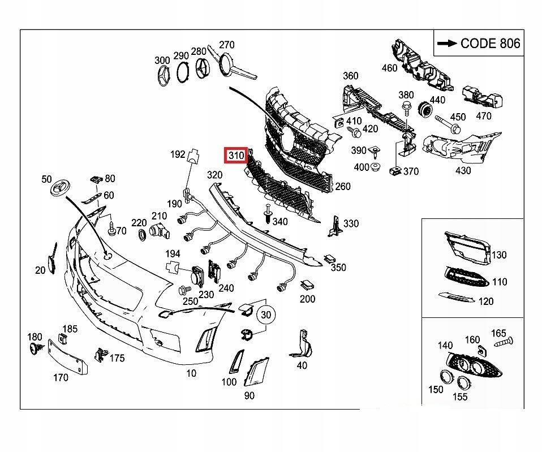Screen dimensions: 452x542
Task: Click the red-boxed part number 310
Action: (x=235, y=154)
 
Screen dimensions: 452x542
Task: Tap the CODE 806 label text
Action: (x=490, y=44)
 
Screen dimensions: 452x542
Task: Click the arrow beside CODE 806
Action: (x=447, y=44)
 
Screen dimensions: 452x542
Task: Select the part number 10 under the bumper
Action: (x=191, y=373)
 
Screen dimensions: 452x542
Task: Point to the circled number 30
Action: (x=266, y=314)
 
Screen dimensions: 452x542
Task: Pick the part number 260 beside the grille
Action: (x=342, y=187)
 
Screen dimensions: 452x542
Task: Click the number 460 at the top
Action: (x=389, y=68)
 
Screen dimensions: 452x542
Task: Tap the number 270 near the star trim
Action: (x=226, y=45)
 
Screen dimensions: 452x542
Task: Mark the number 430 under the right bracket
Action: (x=463, y=170)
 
